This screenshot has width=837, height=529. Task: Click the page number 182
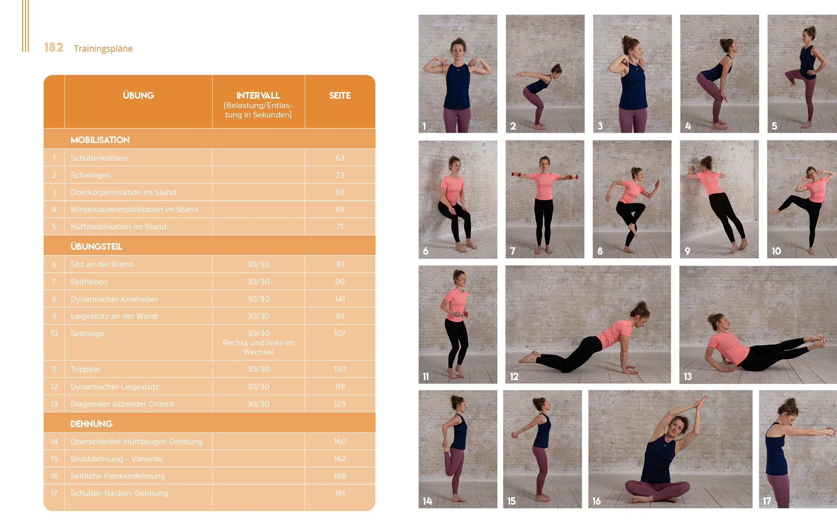click(54, 47)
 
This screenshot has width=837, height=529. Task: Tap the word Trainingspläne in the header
click(103, 49)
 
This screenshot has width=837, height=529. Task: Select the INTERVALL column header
click(258, 95)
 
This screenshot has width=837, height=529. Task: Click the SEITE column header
click(340, 95)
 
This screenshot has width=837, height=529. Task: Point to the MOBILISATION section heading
click(100, 140)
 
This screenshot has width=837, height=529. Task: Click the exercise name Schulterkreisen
click(99, 158)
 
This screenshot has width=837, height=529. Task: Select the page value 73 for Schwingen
click(340, 175)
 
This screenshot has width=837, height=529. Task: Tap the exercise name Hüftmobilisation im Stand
click(118, 226)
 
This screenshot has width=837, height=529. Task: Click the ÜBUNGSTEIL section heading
click(96, 247)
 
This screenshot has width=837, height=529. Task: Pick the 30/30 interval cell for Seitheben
click(258, 282)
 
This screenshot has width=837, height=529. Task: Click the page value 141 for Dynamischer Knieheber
click(340, 299)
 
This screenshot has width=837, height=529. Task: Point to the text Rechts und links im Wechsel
click(258, 347)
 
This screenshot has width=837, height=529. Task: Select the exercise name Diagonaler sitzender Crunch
click(122, 404)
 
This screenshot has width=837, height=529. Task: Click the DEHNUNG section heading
click(91, 424)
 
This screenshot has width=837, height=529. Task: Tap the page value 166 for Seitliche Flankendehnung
click(340, 476)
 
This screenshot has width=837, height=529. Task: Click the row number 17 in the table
click(54, 493)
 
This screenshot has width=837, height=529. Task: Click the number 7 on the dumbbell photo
click(512, 251)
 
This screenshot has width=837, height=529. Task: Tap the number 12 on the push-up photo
click(514, 377)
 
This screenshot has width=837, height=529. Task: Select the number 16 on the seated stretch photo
click(596, 501)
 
